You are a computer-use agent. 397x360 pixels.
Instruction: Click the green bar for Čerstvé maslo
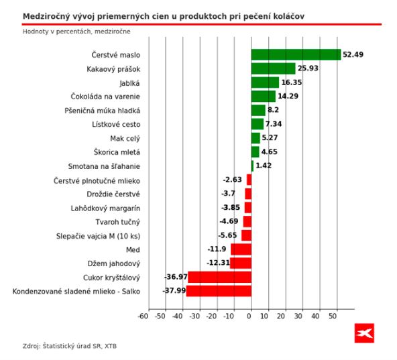(296, 55)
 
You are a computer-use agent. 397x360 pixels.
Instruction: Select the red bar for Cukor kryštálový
(219, 277)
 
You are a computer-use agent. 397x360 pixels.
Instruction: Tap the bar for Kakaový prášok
(273, 68)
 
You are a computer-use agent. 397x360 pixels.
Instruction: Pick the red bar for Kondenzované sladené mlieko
(219, 291)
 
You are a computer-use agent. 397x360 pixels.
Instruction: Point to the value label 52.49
(353, 55)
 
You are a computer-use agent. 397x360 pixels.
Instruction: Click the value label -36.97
(176, 277)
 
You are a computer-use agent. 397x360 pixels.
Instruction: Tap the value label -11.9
(219, 249)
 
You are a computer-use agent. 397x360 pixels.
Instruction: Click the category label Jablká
(129, 83)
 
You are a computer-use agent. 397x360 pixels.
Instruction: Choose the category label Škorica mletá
(117, 153)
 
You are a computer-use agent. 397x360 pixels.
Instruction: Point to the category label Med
(133, 250)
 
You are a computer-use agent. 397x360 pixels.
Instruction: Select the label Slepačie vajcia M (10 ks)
(99, 236)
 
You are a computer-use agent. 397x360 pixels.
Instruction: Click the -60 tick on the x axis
(143, 316)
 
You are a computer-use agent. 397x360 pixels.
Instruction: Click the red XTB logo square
(364, 333)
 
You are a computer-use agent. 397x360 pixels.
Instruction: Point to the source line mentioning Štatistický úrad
(74, 346)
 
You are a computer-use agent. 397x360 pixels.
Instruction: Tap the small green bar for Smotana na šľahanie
(252, 166)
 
